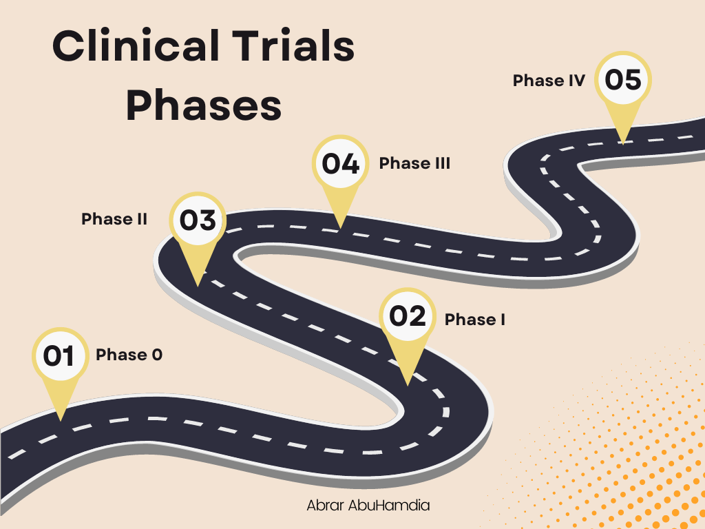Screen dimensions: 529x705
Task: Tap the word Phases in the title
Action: [x=204, y=107]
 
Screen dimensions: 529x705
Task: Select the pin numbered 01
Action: [x=60, y=356]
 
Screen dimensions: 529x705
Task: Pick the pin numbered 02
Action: [x=408, y=317]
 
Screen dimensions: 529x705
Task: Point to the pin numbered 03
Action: [x=198, y=221]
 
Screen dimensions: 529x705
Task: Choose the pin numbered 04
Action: [x=340, y=165]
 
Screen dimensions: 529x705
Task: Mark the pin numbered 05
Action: [x=623, y=80]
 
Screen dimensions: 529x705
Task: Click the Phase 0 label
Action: [x=129, y=355]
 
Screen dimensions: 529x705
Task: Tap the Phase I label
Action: [x=475, y=320]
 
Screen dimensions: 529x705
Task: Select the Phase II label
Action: [x=114, y=219]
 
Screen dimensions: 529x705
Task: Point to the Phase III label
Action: [x=414, y=163]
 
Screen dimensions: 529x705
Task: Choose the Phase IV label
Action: [x=549, y=81]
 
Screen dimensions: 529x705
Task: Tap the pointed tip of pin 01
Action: [x=61, y=418]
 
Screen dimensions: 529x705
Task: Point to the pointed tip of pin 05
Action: [x=622, y=142]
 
